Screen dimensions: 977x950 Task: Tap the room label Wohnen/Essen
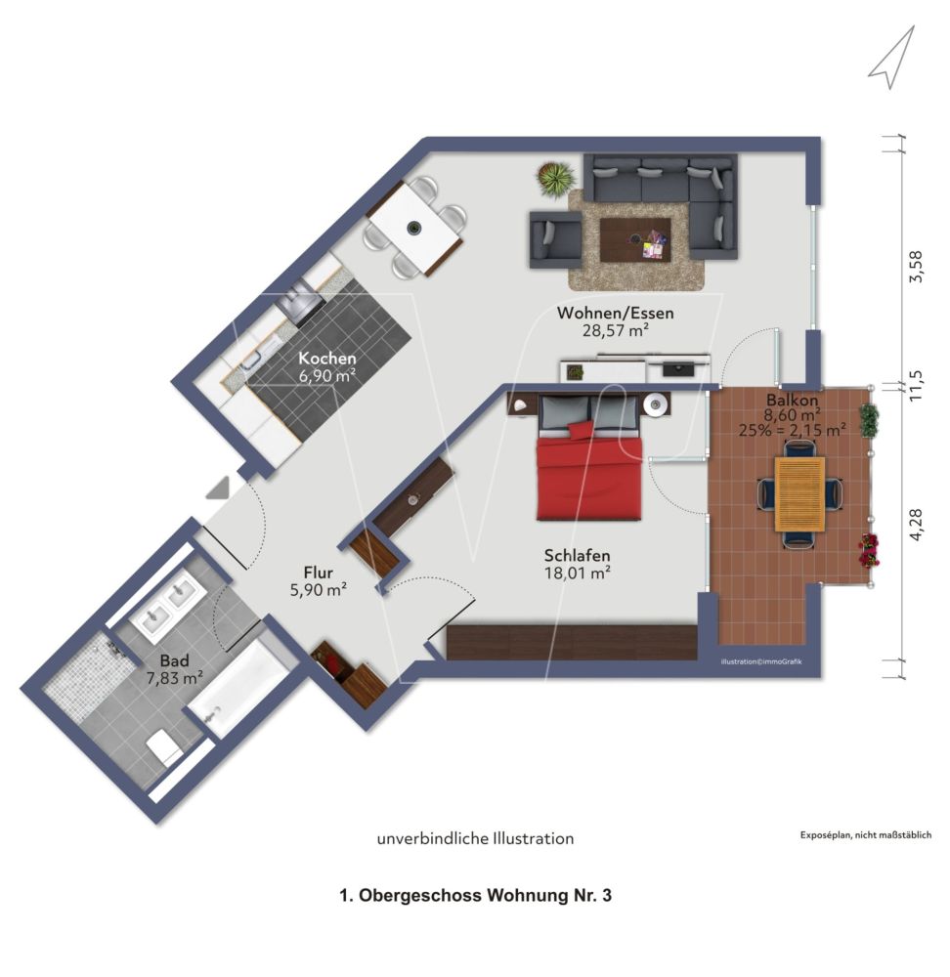pos(615,314)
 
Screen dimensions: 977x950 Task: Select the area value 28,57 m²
pos(615,331)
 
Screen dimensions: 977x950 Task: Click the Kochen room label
pos(327,358)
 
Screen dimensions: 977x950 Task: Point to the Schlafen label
pos(578,556)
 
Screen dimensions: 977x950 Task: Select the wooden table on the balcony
pos(799,493)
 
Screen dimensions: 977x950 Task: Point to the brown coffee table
pos(634,238)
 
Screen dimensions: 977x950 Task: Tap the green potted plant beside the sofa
pos(556,179)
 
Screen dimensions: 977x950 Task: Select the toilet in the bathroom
pos(163,749)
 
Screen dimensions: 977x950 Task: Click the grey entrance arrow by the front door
pos(220,487)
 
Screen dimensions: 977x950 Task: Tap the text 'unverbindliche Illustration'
pos(475,838)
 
